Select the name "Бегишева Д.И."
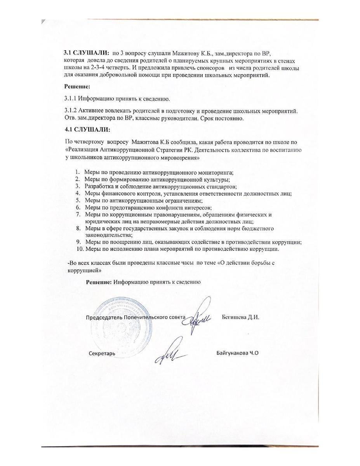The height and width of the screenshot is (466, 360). point(240,317)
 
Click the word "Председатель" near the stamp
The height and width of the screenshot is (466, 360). point(103,317)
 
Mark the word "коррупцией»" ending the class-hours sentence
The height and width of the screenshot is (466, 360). point(84,270)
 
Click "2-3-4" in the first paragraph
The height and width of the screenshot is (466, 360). point(91,68)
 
